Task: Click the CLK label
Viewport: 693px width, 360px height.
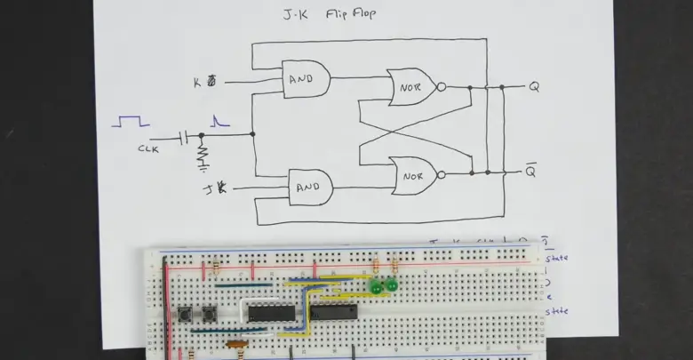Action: tap(148, 149)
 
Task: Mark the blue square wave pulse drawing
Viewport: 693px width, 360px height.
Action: tap(130, 121)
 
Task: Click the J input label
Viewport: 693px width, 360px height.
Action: tap(212, 188)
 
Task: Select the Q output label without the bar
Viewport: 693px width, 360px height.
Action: tap(534, 87)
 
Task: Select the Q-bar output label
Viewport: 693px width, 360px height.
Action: tap(531, 172)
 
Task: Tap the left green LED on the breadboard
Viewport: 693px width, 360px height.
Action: tap(377, 287)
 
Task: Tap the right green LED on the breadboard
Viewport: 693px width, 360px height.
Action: tap(391, 285)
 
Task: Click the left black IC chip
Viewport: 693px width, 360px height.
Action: tap(266, 312)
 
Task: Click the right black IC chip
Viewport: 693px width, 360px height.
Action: tap(334, 311)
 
